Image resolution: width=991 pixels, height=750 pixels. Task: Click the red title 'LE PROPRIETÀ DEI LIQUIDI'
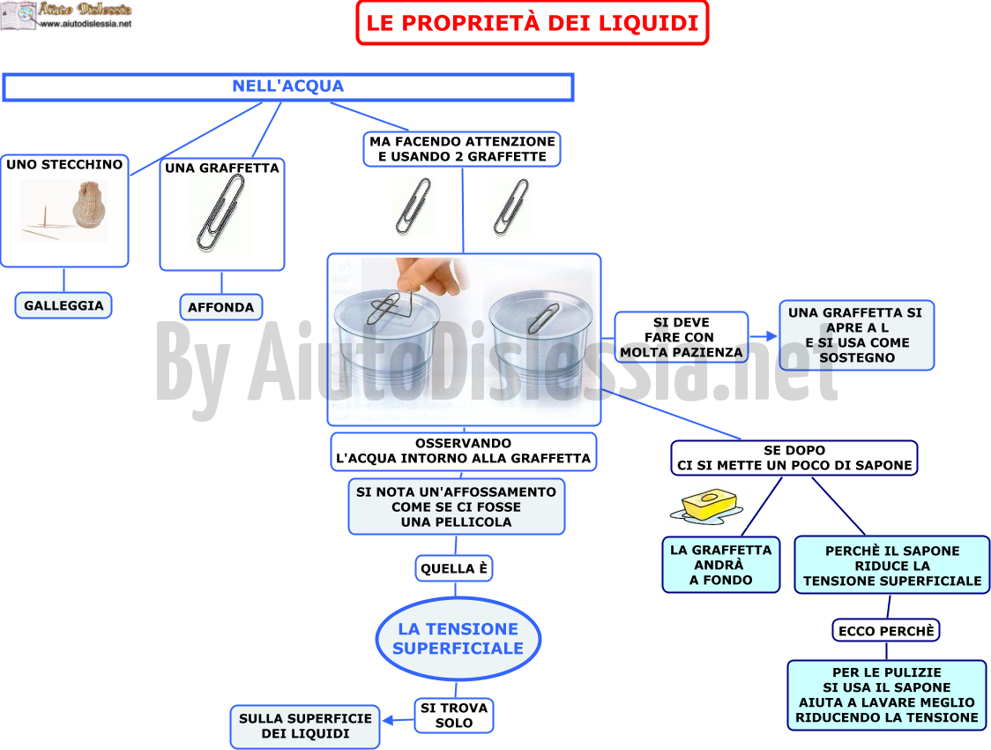pyautogui.click(x=533, y=23)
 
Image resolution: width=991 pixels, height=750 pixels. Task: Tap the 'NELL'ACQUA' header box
pyautogui.click(x=288, y=86)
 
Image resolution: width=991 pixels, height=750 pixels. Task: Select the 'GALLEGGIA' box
pyautogui.click(x=63, y=305)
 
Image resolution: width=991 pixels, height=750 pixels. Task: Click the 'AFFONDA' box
pyautogui.click(x=221, y=307)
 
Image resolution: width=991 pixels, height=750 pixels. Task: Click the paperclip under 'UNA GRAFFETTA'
pyautogui.click(x=220, y=213)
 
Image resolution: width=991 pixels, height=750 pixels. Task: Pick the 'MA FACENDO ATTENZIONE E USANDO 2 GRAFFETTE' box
pyautogui.click(x=462, y=149)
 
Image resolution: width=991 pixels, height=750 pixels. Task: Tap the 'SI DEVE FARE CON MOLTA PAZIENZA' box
pyautogui.click(x=682, y=337)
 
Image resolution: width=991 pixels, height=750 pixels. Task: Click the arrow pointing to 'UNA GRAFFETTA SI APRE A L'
pyautogui.click(x=763, y=336)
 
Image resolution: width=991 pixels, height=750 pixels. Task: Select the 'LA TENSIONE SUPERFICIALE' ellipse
pyautogui.click(x=458, y=639)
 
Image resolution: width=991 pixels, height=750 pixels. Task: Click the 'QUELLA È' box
pyautogui.click(x=454, y=568)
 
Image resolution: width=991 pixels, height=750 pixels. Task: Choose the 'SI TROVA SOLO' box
pyautogui.click(x=454, y=716)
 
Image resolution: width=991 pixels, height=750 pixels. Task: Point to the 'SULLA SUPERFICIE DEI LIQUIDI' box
pyautogui.click(x=305, y=726)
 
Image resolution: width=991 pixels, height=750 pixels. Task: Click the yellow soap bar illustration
pyautogui.click(x=708, y=505)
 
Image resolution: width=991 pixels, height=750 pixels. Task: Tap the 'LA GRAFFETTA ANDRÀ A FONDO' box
pyautogui.click(x=721, y=565)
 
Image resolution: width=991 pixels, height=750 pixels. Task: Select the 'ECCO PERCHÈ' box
pyautogui.click(x=886, y=631)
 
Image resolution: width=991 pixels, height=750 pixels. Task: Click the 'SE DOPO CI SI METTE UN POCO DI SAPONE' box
pyautogui.click(x=794, y=458)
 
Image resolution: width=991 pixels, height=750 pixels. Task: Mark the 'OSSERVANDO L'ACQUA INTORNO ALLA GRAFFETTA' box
pyautogui.click(x=463, y=452)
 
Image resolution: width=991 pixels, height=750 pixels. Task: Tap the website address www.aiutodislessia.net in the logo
pyautogui.click(x=86, y=24)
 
